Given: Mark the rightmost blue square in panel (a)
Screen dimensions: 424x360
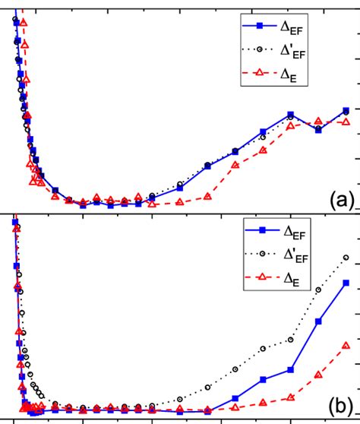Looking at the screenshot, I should [x=346, y=111].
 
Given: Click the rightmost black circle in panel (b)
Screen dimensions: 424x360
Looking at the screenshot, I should [x=346, y=259].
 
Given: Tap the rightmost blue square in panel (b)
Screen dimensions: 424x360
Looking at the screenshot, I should [x=346, y=283].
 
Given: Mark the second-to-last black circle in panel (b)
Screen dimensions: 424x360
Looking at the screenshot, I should [x=318, y=290].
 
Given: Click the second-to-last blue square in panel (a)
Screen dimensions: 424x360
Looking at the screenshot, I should [x=318, y=130].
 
